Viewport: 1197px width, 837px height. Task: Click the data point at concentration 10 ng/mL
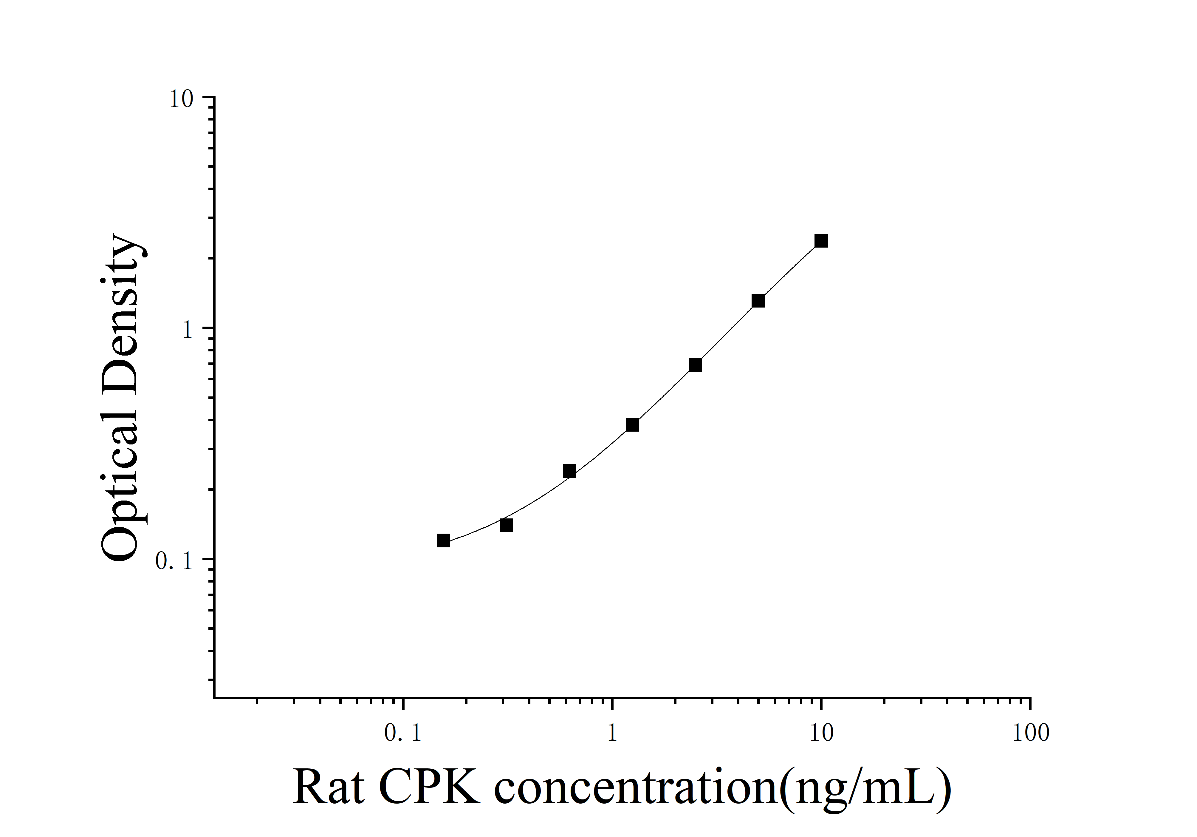coord(821,241)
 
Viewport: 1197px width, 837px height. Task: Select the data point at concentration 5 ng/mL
coord(758,301)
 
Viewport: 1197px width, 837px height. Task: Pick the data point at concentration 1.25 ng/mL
coord(632,425)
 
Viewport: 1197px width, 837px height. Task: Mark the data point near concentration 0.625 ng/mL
coord(569,471)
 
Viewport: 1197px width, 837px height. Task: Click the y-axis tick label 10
coord(180,99)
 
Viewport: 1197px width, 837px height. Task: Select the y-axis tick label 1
coord(187,330)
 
